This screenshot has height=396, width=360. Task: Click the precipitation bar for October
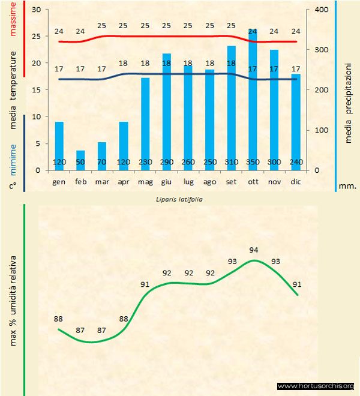coord(253,102)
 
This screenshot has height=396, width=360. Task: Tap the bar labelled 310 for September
coord(231,108)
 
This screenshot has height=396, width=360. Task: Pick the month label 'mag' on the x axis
coord(145,181)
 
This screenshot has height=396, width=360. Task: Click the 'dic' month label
coord(295,181)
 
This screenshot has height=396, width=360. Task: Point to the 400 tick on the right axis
coord(320,10)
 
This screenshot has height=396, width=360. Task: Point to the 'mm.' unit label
coord(347,186)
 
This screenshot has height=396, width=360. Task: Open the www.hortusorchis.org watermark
coord(316,386)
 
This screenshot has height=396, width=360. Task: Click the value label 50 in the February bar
coord(80,163)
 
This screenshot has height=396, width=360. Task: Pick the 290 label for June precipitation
coord(167,163)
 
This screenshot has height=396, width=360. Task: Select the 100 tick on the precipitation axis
coord(320,130)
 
